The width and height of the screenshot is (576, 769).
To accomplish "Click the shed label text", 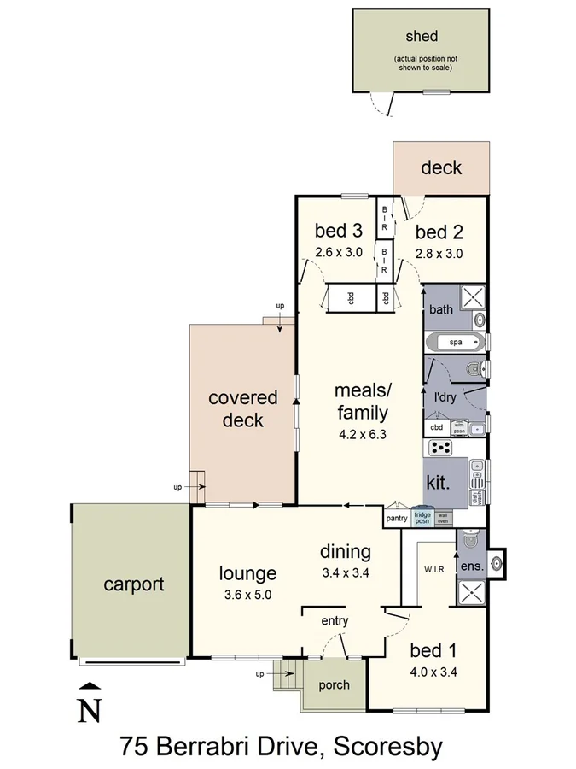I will (422, 36).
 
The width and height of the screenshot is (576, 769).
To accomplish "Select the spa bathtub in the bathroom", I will (455, 343).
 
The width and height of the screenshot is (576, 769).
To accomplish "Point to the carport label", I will (133, 584).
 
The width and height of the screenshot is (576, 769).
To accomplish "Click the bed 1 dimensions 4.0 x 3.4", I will (433, 672).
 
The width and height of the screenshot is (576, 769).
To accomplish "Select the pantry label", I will (397, 518).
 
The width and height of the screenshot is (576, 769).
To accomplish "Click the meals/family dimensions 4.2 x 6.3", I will (361, 433).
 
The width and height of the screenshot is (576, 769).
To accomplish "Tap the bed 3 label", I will (338, 231).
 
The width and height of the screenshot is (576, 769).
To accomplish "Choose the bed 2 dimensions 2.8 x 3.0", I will (439, 253).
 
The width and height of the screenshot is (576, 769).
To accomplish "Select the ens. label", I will (473, 566).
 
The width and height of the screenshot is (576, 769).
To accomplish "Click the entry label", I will (335, 620).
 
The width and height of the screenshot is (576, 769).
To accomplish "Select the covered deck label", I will (243, 408).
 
